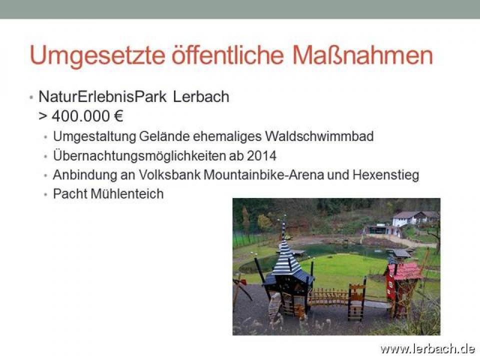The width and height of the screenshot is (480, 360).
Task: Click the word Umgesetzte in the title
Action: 97,56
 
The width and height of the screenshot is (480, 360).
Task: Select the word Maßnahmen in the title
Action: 362,55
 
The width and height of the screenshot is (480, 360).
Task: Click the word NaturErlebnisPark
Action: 102,96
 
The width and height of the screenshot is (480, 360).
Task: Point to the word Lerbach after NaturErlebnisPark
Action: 201,96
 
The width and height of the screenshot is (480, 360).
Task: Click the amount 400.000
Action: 81,116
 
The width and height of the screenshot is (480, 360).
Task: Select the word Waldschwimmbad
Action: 319,136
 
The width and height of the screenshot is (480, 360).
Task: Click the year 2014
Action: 261,156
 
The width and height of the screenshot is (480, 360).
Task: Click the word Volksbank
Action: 169,175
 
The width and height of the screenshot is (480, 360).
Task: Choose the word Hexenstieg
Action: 385,175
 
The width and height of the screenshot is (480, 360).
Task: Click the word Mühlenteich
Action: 127,194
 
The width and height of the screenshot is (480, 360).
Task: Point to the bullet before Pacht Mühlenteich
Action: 45,194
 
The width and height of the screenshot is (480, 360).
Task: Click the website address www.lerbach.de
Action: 427,348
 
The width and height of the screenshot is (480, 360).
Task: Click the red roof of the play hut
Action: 404,271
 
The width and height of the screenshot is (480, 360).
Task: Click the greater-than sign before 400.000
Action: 43,117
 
